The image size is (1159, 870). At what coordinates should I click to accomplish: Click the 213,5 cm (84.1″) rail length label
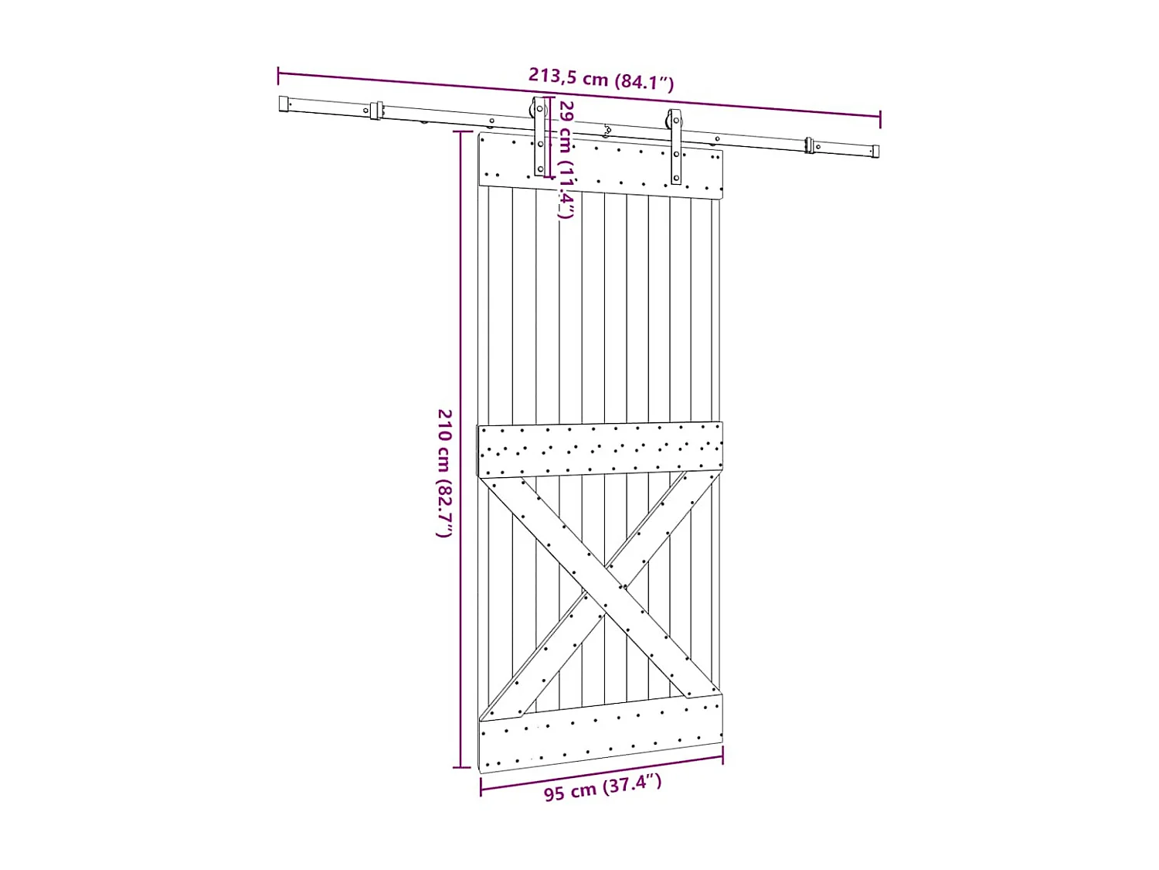(600, 79)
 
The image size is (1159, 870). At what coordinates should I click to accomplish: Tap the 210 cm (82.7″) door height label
(444, 473)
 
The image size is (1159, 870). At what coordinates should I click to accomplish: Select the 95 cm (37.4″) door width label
(603, 787)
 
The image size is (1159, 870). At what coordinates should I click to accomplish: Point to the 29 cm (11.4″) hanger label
(566, 159)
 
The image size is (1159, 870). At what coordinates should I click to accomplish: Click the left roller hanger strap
(540, 138)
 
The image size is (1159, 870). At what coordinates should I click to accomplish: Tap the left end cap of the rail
(284, 104)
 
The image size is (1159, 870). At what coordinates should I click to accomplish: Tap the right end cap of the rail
(875, 152)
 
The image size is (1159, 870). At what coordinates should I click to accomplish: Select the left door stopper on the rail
(376, 111)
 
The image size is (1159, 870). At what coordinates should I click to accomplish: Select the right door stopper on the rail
(809, 145)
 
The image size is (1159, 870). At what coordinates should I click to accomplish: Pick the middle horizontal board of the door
(600, 449)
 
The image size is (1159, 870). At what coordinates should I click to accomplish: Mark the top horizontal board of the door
(600, 166)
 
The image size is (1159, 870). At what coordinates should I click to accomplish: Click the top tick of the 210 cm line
(461, 132)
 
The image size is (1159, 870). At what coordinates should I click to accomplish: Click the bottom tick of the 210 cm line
(461, 767)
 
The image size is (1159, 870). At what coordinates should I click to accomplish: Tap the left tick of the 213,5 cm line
(278, 75)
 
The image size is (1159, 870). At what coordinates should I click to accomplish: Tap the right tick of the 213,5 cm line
(880, 118)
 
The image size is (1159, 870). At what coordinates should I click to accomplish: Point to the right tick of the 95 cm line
(722, 756)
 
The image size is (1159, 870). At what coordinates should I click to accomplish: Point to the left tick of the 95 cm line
(481, 787)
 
